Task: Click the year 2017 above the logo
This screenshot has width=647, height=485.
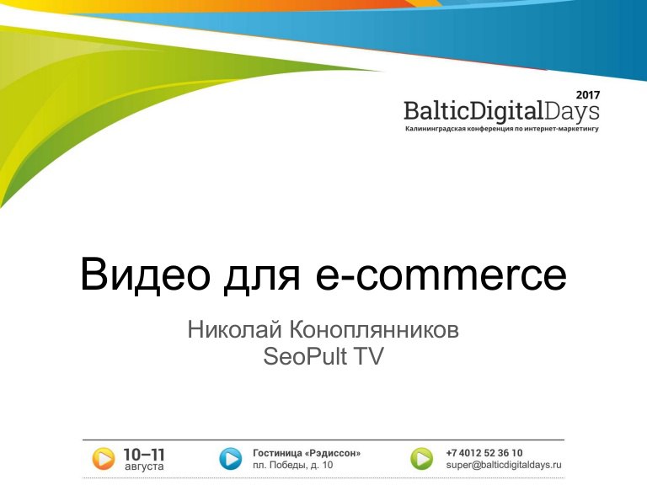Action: [x=588, y=95]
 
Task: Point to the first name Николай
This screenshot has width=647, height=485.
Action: [x=235, y=329]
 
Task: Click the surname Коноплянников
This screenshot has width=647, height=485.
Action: [x=374, y=330]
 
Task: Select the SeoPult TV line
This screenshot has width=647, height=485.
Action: [x=323, y=356]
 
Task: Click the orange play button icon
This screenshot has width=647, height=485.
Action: [x=103, y=459]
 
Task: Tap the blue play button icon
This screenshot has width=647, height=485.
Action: [x=230, y=459]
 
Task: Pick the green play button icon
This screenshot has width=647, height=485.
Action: [x=422, y=459]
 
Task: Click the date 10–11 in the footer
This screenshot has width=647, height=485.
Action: [x=144, y=455]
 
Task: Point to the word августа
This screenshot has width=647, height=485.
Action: [x=144, y=466]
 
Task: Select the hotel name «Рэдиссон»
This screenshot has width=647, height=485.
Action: [x=333, y=453]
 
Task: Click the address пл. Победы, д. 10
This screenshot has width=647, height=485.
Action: [x=292, y=465]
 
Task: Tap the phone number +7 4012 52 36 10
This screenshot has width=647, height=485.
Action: [x=484, y=453]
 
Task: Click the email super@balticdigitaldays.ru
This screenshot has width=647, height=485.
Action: [x=504, y=465]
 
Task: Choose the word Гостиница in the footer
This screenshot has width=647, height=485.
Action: [x=277, y=453]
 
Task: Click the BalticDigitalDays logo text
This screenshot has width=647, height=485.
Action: [x=501, y=112]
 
